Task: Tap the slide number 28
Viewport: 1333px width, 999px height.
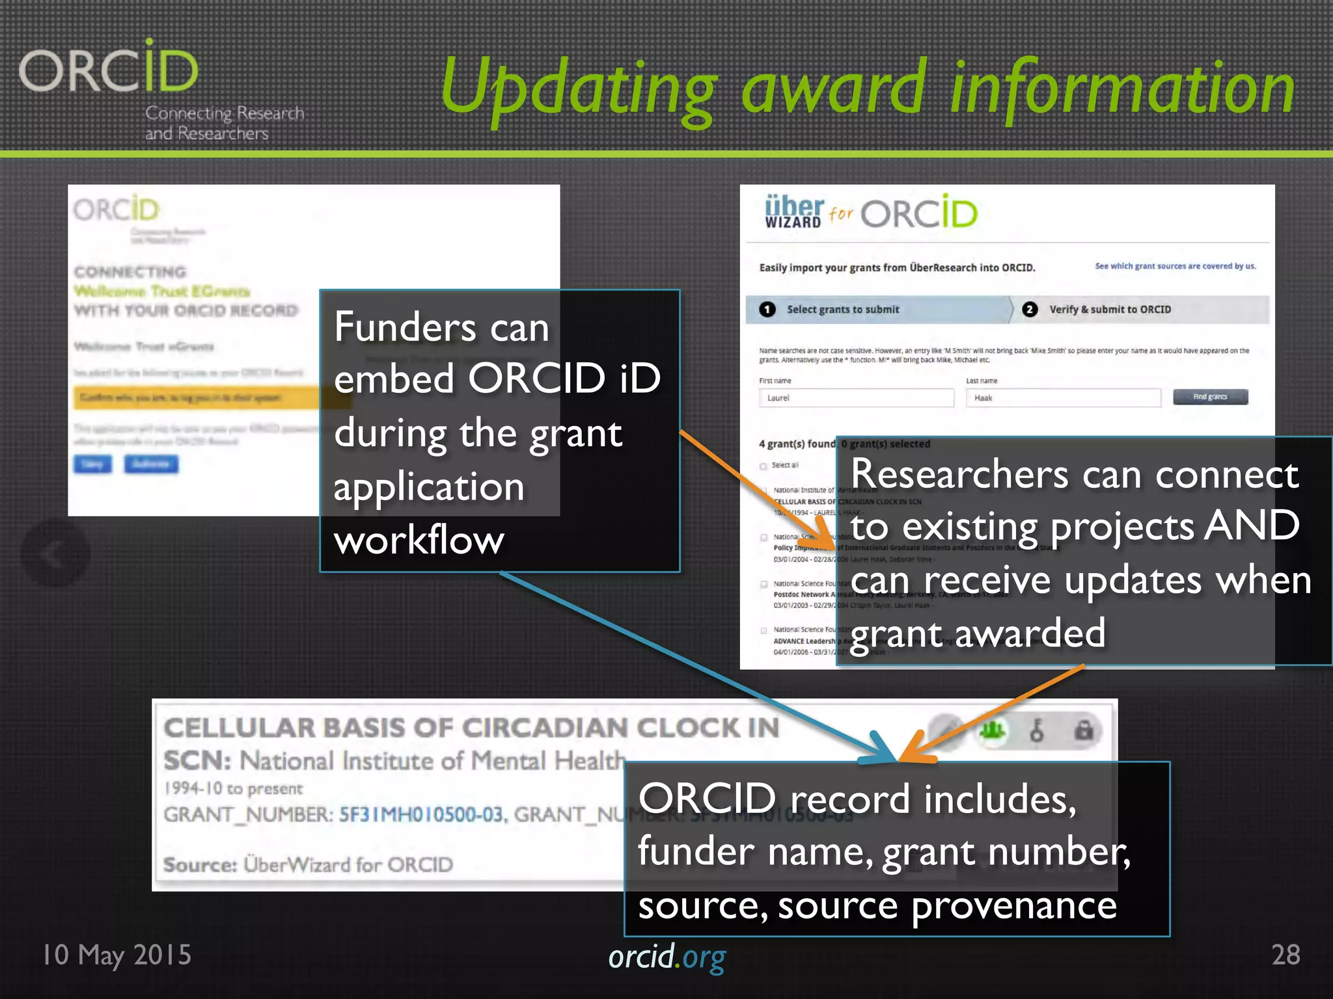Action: (x=1285, y=955)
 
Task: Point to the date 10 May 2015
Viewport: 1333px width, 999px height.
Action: (x=117, y=955)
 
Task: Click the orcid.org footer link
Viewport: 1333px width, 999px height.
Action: (x=666, y=957)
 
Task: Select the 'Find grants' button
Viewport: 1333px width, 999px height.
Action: (x=1210, y=397)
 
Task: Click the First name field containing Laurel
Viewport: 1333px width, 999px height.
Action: (x=856, y=398)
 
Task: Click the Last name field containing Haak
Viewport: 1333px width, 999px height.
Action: (x=1062, y=398)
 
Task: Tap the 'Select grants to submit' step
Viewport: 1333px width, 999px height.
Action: (x=842, y=310)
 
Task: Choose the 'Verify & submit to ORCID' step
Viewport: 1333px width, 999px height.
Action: (x=1109, y=310)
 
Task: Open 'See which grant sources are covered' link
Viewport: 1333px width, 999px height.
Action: (x=1175, y=266)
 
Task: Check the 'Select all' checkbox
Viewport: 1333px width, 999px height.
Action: (x=763, y=466)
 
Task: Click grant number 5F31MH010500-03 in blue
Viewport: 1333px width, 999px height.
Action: (x=421, y=814)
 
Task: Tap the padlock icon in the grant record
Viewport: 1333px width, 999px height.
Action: (x=1083, y=731)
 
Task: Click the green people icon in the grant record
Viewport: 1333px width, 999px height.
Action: (x=991, y=731)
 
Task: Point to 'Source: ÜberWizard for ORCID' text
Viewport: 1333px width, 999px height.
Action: (x=308, y=864)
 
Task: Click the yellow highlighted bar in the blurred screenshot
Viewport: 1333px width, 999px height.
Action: (x=195, y=397)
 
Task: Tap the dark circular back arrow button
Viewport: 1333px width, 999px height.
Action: (x=55, y=553)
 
